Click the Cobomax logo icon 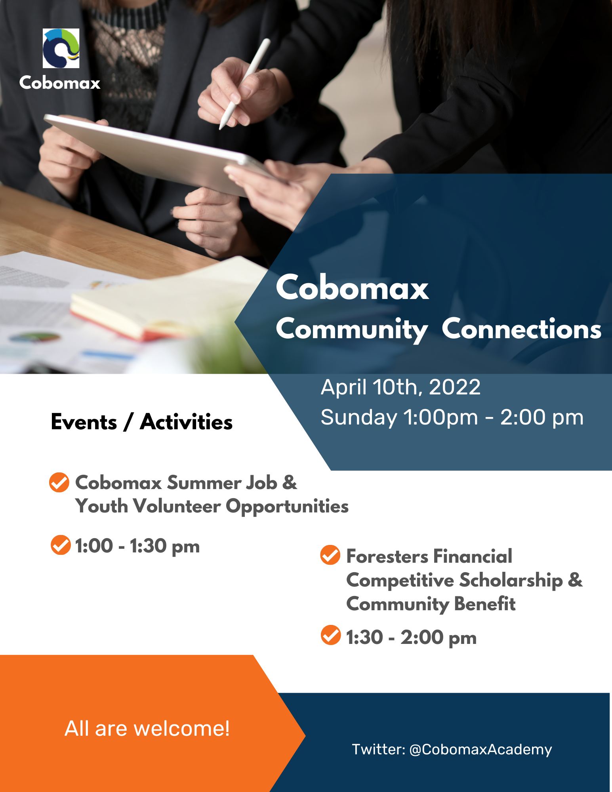(x=61, y=48)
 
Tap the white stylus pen (x=245, y=84)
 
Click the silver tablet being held (x=158, y=154)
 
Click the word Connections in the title (x=521, y=329)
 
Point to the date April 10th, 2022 (x=400, y=387)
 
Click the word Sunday (x=358, y=418)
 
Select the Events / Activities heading (x=141, y=422)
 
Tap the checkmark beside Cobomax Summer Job (x=59, y=482)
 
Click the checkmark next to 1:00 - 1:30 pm (x=61, y=545)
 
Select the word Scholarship (x=511, y=581)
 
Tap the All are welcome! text (x=147, y=728)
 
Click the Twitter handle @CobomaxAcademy (x=480, y=750)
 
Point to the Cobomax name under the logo (x=60, y=83)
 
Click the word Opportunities (x=287, y=506)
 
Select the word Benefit (x=485, y=604)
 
